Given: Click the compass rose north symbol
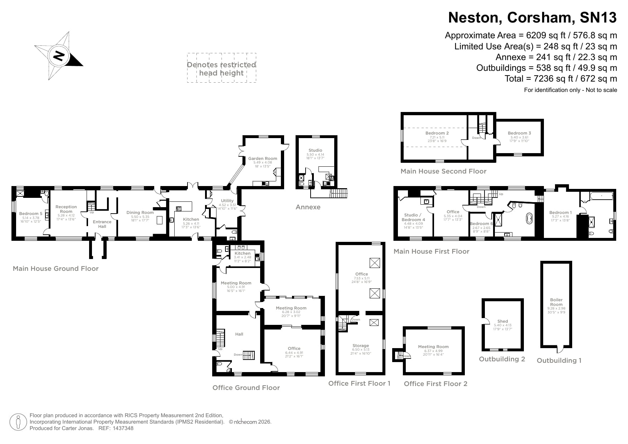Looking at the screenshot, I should [x=59, y=56].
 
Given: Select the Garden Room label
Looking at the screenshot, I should [x=263, y=158].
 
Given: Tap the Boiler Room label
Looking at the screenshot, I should [x=556, y=302].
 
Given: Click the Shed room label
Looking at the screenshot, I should [x=502, y=321].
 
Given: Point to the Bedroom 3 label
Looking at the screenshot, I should [x=519, y=133].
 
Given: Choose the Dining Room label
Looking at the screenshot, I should [x=140, y=213].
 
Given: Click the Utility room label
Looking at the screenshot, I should [x=227, y=201].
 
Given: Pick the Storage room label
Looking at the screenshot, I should [x=360, y=346].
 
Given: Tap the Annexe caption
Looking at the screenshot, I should [x=308, y=207].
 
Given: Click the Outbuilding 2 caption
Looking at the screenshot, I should [x=502, y=359].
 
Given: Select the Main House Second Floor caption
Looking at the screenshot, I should [x=443, y=171].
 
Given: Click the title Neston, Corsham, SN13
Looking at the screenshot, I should [x=532, y=17].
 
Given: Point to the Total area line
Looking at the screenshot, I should [x=560, y=78].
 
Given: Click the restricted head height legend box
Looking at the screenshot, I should [x=221, y=68].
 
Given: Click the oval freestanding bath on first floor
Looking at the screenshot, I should [x=529, y=219].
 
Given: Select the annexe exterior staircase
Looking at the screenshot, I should [x=339, y=193].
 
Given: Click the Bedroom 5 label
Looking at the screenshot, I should [x=31, y=214].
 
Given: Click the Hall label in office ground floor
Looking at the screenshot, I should [x=239, y=334].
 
